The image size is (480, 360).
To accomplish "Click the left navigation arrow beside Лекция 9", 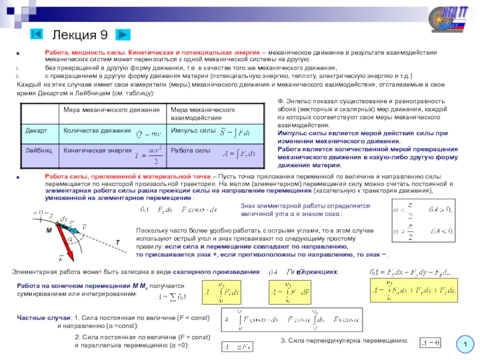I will [x=37, y=34].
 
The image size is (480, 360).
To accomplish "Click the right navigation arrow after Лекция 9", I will [x=123, y=34].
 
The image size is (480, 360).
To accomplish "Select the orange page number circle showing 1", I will [x=463, y=344].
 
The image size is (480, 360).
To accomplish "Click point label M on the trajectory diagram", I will [x=49, y=230].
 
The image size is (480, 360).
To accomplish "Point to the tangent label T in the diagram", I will [x=117, y=241].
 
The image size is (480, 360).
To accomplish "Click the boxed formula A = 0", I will [x=430, y=342].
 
